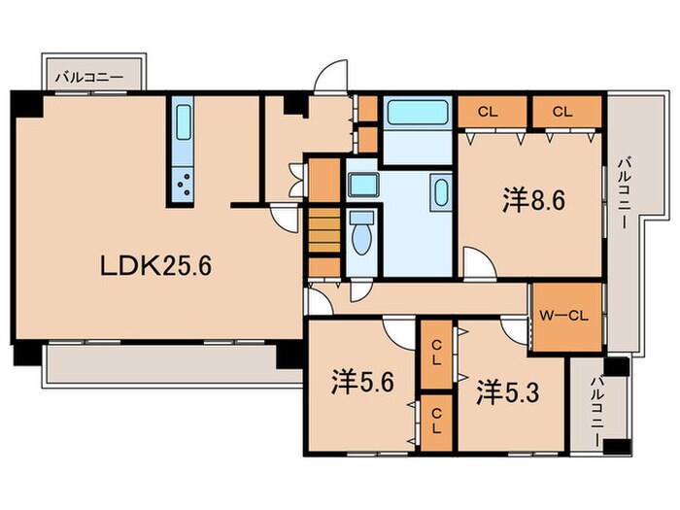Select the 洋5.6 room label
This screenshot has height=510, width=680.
point(360,382)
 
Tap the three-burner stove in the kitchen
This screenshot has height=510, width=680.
point(183,183)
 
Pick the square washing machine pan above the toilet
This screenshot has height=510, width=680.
point(362,185)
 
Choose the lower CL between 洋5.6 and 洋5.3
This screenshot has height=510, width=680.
point(436,420)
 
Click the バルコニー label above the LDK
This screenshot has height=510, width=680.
point(93,74)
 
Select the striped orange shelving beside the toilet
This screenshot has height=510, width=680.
point(323,233)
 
